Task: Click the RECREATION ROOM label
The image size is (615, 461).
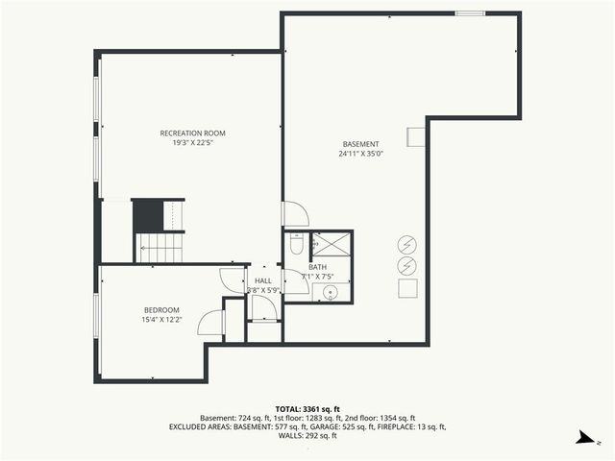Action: point(192,133)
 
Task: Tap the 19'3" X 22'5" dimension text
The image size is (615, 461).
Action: point(192,143)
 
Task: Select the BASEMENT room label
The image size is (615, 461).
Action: point(360,144)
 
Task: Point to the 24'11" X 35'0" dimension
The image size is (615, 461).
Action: point(360,154)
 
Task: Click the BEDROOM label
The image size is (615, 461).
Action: point(161,309)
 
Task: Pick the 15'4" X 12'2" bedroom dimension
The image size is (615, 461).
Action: point(161,319)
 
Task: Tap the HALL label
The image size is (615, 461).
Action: point(262,280)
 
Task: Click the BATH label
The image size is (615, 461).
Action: point(317,268)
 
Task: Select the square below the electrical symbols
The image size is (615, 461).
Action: point(406,288)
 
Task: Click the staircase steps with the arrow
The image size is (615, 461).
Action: point(160,249)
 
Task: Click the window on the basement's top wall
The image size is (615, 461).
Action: point(469,13)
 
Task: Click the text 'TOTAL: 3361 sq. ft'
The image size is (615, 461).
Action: point(307,408)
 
